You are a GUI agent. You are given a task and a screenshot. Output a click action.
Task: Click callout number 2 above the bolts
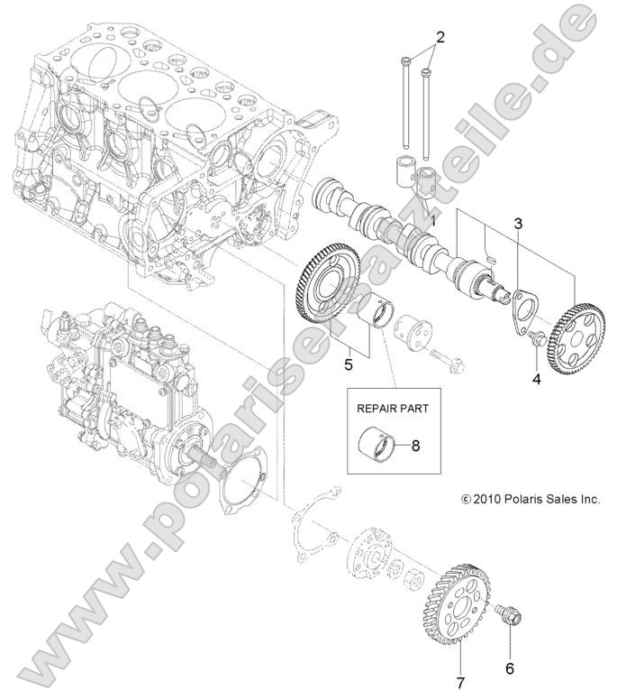click(440, 37)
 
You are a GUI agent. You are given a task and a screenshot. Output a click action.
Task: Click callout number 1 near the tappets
click(431, 219)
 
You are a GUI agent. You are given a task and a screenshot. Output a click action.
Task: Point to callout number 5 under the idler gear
click(347, 366)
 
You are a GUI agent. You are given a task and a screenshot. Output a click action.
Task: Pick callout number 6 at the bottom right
click(509, 668)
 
